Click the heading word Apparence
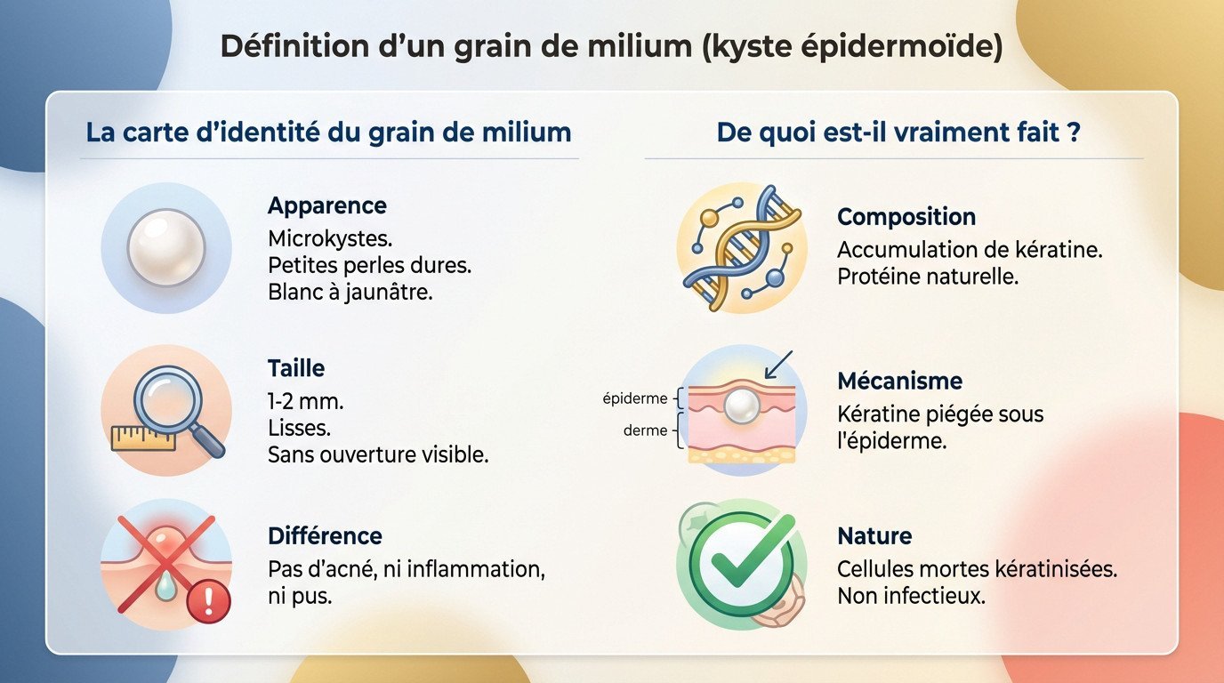(326, 205)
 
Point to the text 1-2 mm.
(305, 401)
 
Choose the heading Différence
(325, 536)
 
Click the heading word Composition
(906, 217)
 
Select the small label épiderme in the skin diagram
(635, 399)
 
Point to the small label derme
(646, 430)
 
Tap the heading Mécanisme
(900, 382)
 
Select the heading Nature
(874, 536)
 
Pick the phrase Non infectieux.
(911, 596)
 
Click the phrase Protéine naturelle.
(927, 277)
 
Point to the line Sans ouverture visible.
(378, 454)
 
